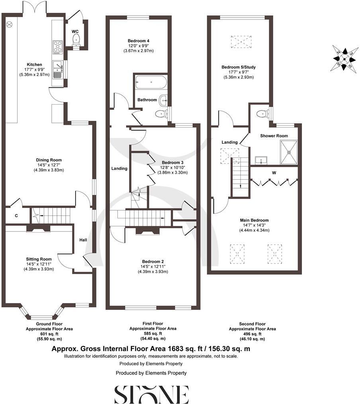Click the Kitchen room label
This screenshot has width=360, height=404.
34,64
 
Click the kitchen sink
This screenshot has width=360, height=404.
57,69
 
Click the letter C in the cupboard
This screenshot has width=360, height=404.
16,216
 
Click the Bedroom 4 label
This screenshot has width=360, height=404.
138,41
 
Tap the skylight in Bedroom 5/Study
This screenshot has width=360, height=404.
241,41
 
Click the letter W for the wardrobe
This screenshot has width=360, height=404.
274,173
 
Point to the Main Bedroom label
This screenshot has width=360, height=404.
254,220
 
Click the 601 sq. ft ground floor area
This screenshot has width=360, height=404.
49,334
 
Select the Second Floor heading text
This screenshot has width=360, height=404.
252,324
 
